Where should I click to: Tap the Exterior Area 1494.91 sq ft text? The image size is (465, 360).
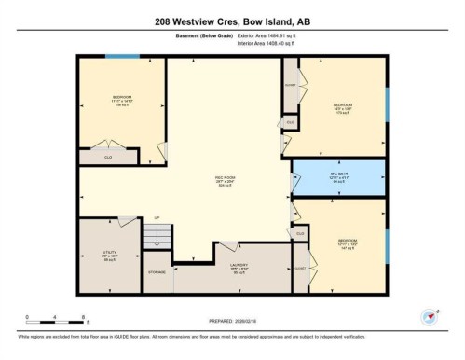coord(280,35)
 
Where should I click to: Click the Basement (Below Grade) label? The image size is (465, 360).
coord(204,35)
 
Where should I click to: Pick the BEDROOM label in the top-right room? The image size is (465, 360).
coord(342,104)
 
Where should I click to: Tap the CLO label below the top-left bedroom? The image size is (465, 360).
coord(108,158)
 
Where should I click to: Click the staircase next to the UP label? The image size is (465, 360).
coord(157,237)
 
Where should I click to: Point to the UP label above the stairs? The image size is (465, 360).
coord(157,217)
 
